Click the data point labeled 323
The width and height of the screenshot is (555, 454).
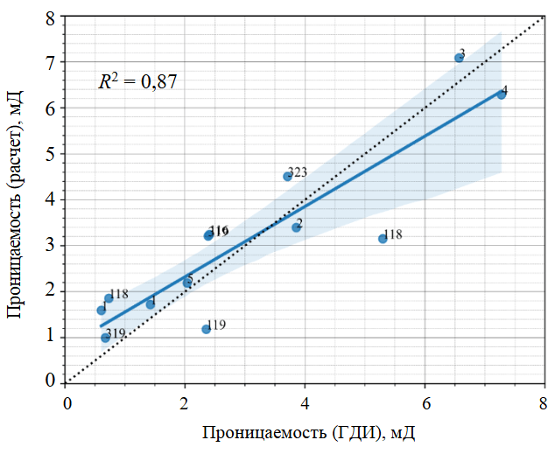(287, 176)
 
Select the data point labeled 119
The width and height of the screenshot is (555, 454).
(206, 329)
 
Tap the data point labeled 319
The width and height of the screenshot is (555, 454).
(105, 338)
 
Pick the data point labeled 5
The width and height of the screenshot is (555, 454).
(187, 283)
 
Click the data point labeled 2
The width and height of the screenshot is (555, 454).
(297, 227)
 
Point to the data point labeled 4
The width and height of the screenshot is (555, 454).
(501, 94)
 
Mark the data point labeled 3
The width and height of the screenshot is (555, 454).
(459, 58)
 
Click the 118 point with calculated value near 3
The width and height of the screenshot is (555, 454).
(383, 238)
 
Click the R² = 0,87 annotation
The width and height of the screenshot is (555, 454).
(137, 83)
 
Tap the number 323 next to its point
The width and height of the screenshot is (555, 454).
(299, 171)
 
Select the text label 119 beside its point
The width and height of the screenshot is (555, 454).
(217, 325)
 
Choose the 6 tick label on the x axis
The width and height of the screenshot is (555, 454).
(425, 403)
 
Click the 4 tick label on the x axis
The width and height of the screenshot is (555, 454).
(306, 403)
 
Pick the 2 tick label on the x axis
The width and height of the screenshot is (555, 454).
(186, 403)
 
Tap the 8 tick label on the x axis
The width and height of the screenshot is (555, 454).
(544, 403)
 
